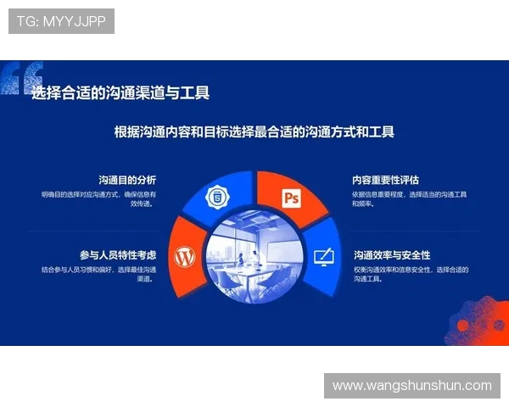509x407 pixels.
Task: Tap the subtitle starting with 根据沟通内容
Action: click(x=255, y=132)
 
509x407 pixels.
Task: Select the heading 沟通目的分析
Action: click(x=127, y=180)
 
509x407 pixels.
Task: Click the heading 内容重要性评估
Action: click(x=386, y=180)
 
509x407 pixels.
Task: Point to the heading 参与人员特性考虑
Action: click(x=118, y=254)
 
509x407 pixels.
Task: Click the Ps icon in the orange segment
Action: click(x=292, y=198)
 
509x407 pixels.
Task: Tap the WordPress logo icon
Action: click(x=185, y=257)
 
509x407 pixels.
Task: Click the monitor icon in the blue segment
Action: click(x=323, y=257)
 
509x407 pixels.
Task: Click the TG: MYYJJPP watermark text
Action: click(x=61, y=21)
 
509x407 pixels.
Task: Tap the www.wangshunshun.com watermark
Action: click(x=411, y=386)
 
